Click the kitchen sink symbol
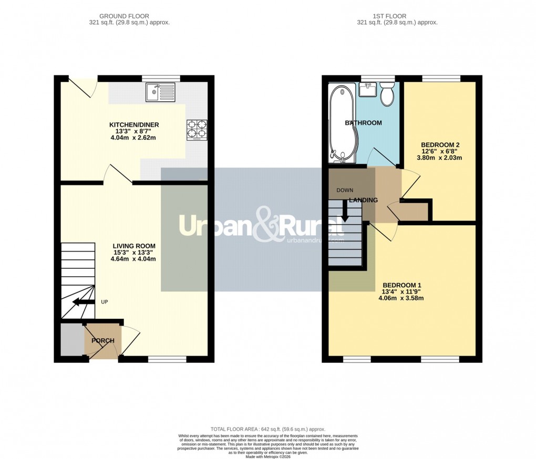click(161, 93)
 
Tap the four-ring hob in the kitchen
click(197, 130)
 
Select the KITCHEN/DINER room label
click(134, 125)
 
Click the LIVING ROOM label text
click(134, 246)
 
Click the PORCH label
click(103, 341)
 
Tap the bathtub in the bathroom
click(342, 122)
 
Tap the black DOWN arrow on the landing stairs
click(345, 211)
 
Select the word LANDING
click(364, 200)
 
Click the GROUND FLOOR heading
click(129, 16)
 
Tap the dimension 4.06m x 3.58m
click(401, 298)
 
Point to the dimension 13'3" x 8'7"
click(134, 132)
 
